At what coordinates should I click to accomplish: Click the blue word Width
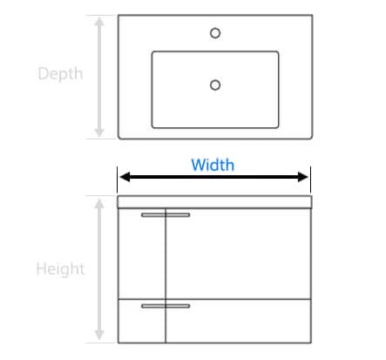pyautogui.click(x=213, y=165)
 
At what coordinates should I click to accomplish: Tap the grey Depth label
pyautogui.click(x=60, y=74)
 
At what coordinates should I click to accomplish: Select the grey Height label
pyautogui.click(x=60, y=268)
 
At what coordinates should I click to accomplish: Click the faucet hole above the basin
pyautogui.click(x=215, y=33)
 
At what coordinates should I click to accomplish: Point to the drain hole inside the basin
pyautogui.click(x=215, y=85)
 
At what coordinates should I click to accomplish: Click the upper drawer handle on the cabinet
pyautogui.click(x=166, y=215)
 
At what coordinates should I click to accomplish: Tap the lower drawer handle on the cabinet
pyautogui.click(x=166, y=306)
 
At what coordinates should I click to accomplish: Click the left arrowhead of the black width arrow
pyautogui.click(x=125, y=177)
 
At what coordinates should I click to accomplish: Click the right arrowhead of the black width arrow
pyautogui.click(x=303, y=177)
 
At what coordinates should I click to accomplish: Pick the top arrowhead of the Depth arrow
pyautogui.click(x=99, y=22)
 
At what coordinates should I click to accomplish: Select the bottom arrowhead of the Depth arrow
pyautogui.click(x=99, y=132)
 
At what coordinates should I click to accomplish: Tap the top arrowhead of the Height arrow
pyautogui.click(x=99, y=204)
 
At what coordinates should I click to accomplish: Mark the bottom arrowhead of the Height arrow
pyautogui.click(x=99, y=335)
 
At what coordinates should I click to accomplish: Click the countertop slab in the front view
pyautogui.click(x=214, y=202)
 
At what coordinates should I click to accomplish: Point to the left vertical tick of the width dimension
pyautogui.click(x=118, y=180)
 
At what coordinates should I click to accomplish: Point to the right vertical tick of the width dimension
pyautogui.click(x=310, y=180)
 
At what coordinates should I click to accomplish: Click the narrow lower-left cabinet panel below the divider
pyautogui.click(x=142, y=321)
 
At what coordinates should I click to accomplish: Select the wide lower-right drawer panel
pyautogui.click(x=238, y=321)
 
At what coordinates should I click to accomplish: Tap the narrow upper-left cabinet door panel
pyautogui.click(x=142, y=254)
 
